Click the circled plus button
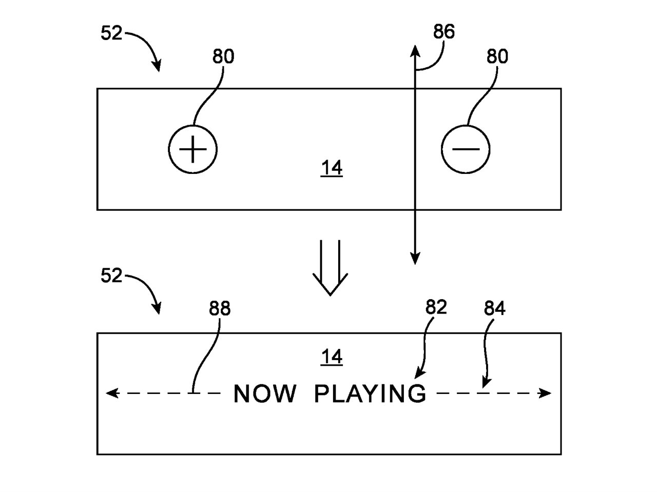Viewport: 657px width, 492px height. point(193,150)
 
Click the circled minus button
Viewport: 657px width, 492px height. point(466,149)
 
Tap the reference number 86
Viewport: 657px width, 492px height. point(443,32)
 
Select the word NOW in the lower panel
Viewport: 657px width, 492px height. point(265,394)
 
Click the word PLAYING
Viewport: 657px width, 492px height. point(370,394)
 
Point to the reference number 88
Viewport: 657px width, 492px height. point(220,309)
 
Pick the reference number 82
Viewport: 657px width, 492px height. point(436,307)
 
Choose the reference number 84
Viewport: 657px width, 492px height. point(495,309)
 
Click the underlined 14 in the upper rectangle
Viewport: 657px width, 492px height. point(332,168)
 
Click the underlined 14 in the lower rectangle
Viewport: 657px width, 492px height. point(332,357)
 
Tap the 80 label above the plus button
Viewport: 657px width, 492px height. point(223,57)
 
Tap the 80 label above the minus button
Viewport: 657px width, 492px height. point(497,56)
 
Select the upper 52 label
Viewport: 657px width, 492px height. point(111,34)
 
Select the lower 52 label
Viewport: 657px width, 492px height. point(111,276)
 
